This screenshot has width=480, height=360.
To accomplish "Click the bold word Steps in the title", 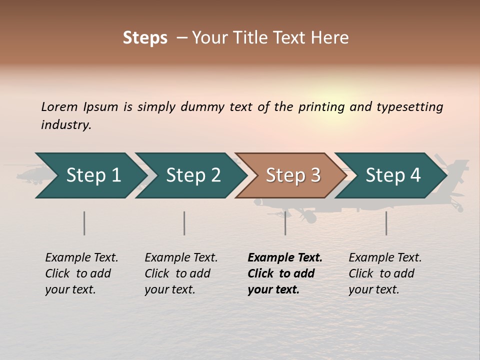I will tap(145, 38).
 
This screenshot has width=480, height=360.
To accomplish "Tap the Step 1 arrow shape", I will tap(90, 175).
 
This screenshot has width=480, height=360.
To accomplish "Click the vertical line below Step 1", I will tap(84, 223).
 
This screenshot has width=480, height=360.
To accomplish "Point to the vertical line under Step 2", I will tap(184, 223).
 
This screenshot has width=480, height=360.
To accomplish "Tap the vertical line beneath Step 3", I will tap(285, 223).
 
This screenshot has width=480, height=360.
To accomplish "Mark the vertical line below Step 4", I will tap(386, 223).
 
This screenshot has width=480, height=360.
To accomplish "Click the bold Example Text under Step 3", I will tap(285, 258).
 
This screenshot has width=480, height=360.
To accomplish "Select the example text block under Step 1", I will tap(81, 273).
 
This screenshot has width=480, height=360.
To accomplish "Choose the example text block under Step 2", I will tap(181, 273).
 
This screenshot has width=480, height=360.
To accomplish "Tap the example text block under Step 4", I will tap(385, 273).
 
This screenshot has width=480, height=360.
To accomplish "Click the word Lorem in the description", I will tap(59, 107).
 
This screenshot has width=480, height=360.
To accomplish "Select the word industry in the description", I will tap(66, 125).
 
